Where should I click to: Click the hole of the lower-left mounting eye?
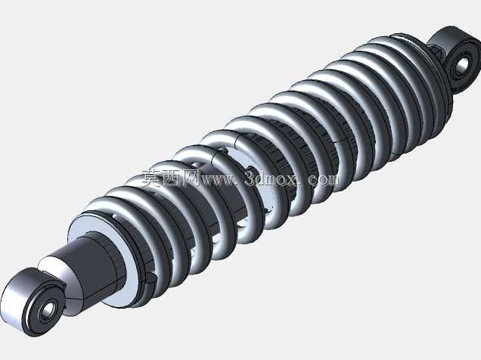pyautogui.click(x=48, y=310)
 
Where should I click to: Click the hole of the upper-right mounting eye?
pyautogui.click(x=462, y=65)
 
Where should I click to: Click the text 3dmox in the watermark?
pyautogui.click(x=272, y=178)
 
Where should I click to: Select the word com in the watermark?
pyautogui.click(x=324, y=179)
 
